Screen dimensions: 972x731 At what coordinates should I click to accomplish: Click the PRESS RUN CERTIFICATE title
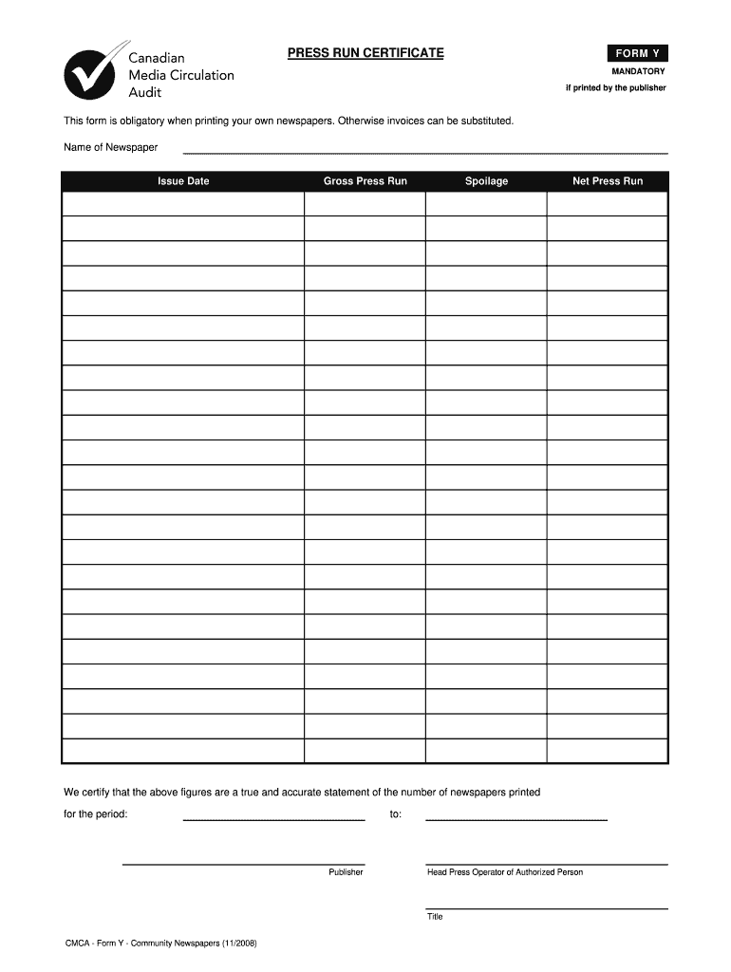[365, 53]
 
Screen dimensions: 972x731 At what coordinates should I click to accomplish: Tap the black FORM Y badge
[638, 53]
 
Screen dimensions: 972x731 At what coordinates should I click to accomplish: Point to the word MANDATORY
[638, 71]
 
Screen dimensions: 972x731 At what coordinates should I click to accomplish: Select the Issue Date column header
[183, 181]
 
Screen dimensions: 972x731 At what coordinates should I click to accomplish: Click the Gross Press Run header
[365, 181]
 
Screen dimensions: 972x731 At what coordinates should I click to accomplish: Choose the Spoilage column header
[486, 181]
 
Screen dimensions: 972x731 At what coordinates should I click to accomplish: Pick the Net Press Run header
[608, 181]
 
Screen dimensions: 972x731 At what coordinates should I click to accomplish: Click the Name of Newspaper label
[110, 147]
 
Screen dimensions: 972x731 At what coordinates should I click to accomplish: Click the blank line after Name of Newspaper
[424, 151]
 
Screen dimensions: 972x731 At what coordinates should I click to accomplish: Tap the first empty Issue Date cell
[183, 204]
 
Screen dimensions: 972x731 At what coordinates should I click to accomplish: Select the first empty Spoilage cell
[486, 204]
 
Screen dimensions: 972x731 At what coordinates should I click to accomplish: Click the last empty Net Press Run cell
[608, 751]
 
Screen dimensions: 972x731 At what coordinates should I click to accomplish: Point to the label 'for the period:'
[95, 814]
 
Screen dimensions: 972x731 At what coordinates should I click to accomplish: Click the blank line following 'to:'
[515, 816]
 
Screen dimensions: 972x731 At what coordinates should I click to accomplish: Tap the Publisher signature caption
[346, 872]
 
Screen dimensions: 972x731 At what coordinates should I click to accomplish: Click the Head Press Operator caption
[505, 872]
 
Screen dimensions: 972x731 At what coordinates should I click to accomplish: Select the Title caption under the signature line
[435, 917]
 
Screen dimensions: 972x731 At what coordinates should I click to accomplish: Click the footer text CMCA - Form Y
[159, 944]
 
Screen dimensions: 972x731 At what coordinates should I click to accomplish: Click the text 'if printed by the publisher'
[616, 88]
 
